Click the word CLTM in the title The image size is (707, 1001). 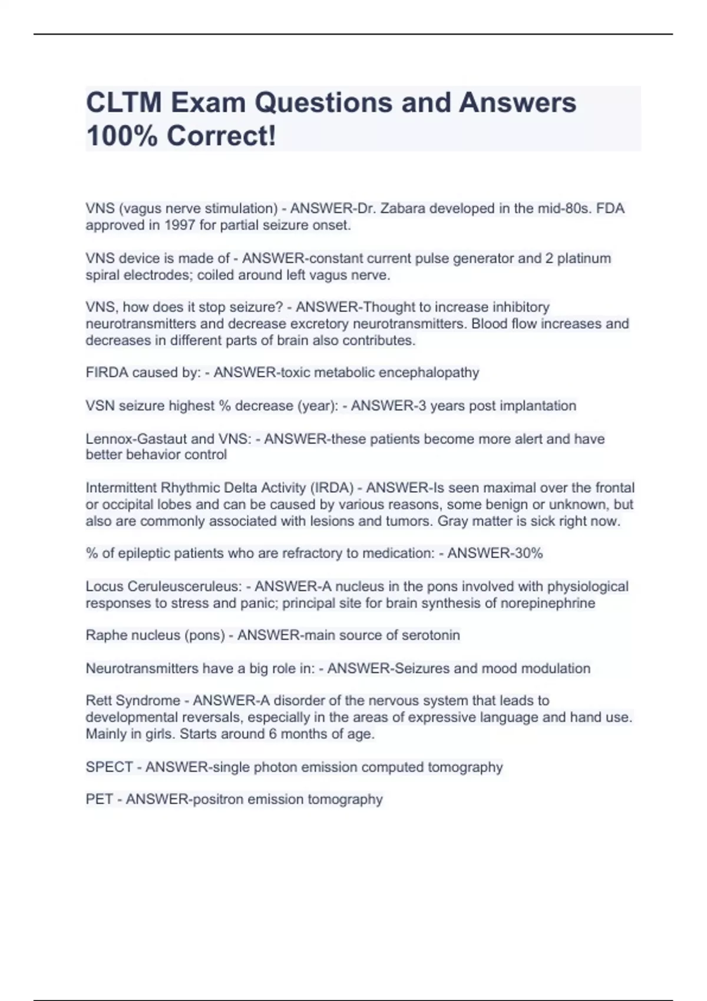point(124,102)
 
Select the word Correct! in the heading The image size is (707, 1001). point(221,136)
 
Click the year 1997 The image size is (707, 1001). point(180,225)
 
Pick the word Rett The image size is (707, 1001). point(98,701)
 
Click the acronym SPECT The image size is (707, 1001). point(108,767)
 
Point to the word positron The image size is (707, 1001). point(218,800)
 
